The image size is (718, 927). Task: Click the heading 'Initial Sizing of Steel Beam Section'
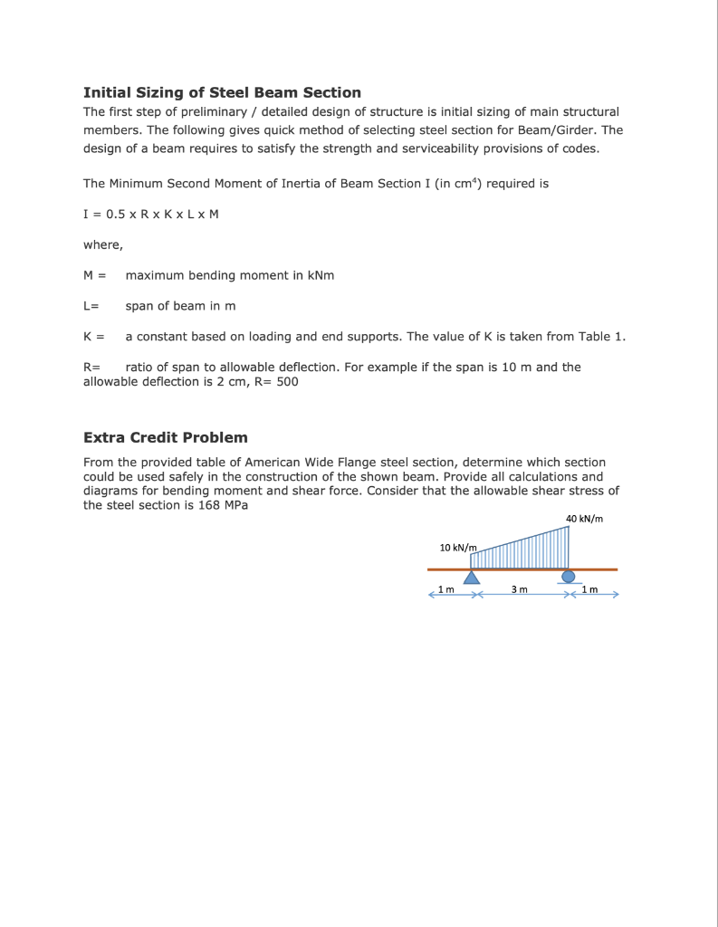click(x=222, y=92)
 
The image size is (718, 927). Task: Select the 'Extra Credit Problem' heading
click(x=165, y=437)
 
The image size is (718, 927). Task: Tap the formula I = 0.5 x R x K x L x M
click(x=151, y=214)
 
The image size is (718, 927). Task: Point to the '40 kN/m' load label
click(x=584, y=519)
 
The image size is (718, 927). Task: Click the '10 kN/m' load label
click(x=457, y=548)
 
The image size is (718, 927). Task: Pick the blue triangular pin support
click(x=472, y=578)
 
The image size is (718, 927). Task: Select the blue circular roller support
click(x=568, y=576)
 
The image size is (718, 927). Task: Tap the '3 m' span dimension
click(x=519, y=590)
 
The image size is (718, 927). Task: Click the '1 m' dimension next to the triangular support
click(x=446, y=590)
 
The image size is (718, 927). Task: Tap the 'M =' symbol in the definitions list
click(x=94, y=275)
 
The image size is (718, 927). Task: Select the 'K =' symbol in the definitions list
click(x=93, y=337)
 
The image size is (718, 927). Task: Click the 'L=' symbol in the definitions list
click(x=91, y=306)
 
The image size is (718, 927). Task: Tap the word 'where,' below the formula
click(x=102, y=244)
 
